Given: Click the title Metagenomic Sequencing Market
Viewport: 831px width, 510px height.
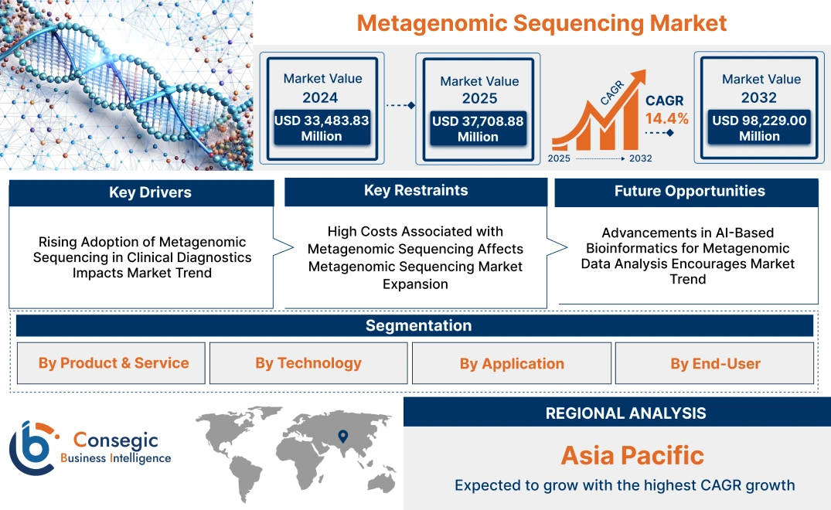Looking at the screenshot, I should (x=541, y=22).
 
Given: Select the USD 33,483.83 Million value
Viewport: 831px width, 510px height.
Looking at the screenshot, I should (x=322, y=128).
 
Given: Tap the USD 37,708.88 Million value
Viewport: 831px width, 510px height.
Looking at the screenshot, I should (x=478, y=129).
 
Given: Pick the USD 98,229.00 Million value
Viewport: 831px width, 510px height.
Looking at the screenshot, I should (x=759, y=128).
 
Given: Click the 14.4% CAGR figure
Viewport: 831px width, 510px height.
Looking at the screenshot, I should (x=667, y=119).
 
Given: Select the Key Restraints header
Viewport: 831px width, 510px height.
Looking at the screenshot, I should (x=416, y=191).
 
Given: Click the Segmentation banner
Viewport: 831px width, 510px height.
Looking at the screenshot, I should (x=418, y=325).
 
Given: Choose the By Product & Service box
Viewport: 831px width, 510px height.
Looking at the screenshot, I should (x=114, y=363).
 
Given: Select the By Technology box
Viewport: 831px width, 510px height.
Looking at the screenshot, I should (x=308, y=363).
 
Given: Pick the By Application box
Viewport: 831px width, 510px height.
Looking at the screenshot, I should (x=512, y=363).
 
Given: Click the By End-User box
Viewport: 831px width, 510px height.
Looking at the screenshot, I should (x=715, y=363).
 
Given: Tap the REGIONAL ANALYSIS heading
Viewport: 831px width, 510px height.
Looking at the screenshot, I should (x=625, y=413).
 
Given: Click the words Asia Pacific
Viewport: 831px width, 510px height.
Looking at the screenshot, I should (x=632, y=455).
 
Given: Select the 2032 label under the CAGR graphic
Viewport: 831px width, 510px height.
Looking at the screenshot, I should (x=640, y=158).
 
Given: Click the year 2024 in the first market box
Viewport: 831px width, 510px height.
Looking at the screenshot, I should (x=320, y=97).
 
